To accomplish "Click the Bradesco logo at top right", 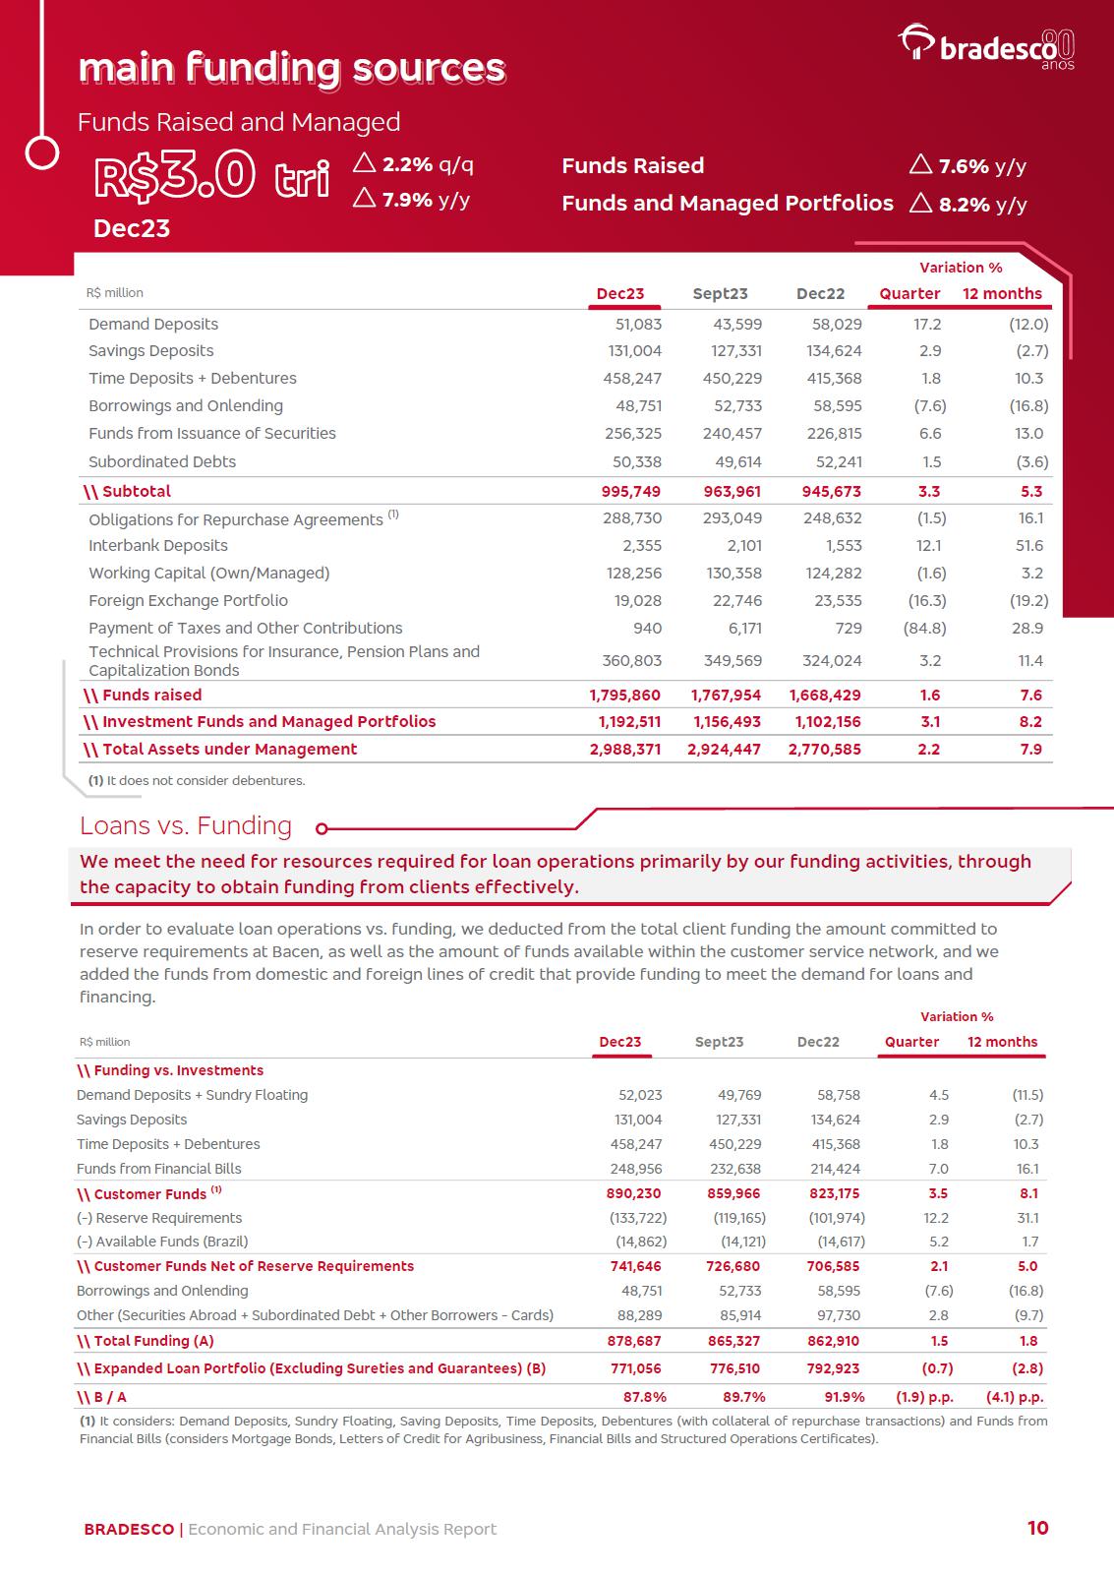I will point(986,46).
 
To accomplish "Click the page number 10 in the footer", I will point(1037,1528).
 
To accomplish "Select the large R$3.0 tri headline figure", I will point(210,177).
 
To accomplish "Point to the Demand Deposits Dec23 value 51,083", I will point(638,324).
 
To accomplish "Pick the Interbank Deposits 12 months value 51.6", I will point(1030,545).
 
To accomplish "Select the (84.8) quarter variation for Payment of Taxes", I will point(924,628).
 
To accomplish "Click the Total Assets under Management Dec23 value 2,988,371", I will point(625,749).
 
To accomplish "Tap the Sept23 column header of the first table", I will point(720,293).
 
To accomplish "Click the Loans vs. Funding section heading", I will point(186,825).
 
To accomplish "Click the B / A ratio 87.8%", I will point(645,1397).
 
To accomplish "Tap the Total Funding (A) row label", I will point(146,1341).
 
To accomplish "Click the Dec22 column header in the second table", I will point(818,1042).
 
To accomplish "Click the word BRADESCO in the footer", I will point(129,1529).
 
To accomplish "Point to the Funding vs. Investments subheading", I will point(171,1070).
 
